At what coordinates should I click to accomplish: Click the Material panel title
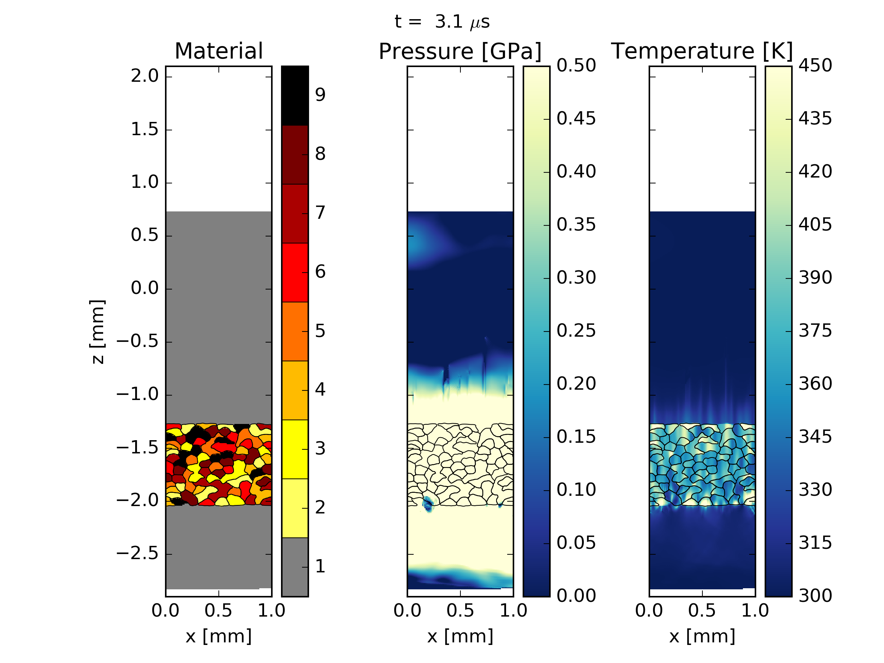pyautogui.click(x=218, y=51)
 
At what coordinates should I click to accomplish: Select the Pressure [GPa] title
pyautogui.click(x=460, y=52)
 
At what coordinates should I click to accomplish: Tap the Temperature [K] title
pyautogui.click(x=702, y=51)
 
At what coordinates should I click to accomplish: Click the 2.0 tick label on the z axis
pyautogui.click(x=145, y=76)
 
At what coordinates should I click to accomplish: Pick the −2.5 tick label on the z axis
pyautogui.click(x=137, y=554)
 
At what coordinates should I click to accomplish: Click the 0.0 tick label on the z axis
pyautogui.click(x=145, y=288)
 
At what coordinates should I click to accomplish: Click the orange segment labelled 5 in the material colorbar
pyautogui.click(x=295, y=331)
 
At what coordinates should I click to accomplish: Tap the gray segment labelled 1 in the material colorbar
pyautogui.click(x=295, y=567)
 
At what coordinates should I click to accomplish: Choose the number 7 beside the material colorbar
pyautogui.click(x=320, y=213)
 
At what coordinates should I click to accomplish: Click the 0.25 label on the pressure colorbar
pyautogui.click(x=576, y=331)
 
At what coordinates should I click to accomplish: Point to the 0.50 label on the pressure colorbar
pyautogui.click(x=576, y=66)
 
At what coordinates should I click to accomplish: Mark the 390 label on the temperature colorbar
pyautogui.click(x=815, y=278)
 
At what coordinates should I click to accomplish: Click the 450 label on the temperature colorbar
pyautogui.click(x=815, y=66)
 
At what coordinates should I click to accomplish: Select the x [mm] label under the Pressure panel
pyautogui.click(x=460, y=636)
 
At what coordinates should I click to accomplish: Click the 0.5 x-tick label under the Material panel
pyautogui.click(x=218, y=611)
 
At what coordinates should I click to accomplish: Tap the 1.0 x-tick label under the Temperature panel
pyautogui.click(x=755, y=611)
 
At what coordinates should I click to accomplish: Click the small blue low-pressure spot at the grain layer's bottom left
pyautogui.click(x=428, y=504)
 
